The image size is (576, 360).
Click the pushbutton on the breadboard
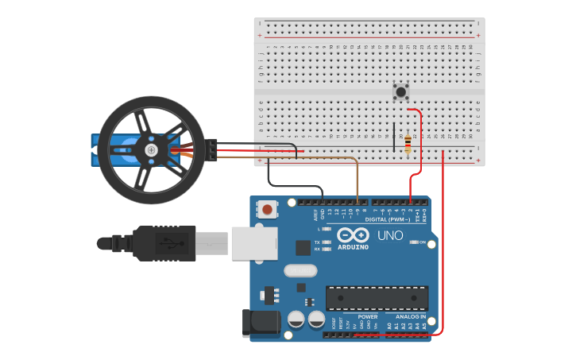tap(401, 92)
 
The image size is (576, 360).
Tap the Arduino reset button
tap(268, 210)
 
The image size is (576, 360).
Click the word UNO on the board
tap(389, 236)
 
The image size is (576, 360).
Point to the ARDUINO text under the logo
tap(353, 247)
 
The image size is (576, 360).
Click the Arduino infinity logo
tap(353, 235)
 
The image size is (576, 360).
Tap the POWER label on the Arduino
tap(368, 316)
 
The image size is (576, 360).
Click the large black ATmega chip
tap(377, 298)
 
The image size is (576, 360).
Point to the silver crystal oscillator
tap(300, 270)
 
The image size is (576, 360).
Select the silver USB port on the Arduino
tap(254, 243)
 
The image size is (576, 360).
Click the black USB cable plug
tap(164, 242)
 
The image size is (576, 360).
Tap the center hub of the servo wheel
tap(150, 150)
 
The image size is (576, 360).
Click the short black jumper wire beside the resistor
tap(392, 137)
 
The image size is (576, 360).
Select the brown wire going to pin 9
tap(357, 179)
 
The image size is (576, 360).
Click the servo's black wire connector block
tap(212, 150)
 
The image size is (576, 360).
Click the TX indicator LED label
tap(317, 242)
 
